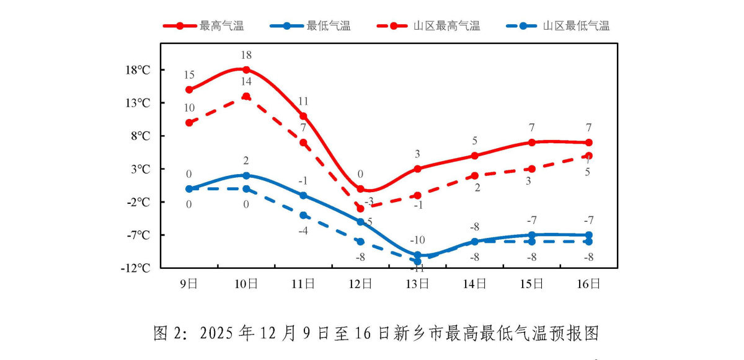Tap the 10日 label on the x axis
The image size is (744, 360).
click(246, 284)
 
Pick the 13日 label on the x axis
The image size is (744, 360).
click(418, 284)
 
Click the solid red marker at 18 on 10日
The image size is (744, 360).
click(246, 69)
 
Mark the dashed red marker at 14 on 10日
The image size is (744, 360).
click(246, 96)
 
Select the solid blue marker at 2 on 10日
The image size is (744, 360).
click(246, 175)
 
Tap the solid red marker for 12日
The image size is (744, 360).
click(361, 189)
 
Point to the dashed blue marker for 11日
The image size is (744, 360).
click(303, 215)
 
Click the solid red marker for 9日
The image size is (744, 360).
click(189, 90)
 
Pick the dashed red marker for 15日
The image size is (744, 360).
click(532, 169)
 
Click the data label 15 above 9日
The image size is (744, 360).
click(189, 75)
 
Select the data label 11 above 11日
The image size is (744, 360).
click(303, 102)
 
